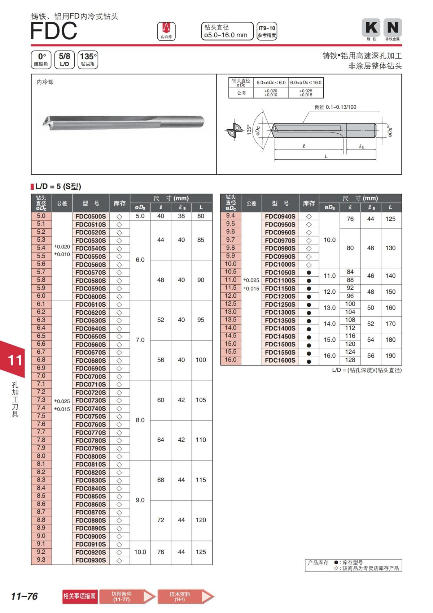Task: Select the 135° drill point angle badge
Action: [x=88, y=60]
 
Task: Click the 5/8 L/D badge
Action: [x=64, y=60]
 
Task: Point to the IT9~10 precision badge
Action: [x=267, y=31]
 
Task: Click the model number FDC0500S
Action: [x=91, y=216]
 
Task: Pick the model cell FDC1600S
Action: [x=280, y=361]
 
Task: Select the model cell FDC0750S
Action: [x=91, y=416]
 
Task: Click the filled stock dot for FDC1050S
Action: [x=309, y=273]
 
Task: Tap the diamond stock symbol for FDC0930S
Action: [x=119, y=561]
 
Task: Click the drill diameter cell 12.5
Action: [x=231, y=304]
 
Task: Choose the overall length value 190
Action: [x=390, y=356]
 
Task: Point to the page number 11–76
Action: [x=24, y=596]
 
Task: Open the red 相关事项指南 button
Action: [x=79, y=596]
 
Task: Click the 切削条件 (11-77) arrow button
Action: [x=126, y=596]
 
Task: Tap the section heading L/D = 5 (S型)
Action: [x=58, y=187]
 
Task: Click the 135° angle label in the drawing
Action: [x=249, y=130]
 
